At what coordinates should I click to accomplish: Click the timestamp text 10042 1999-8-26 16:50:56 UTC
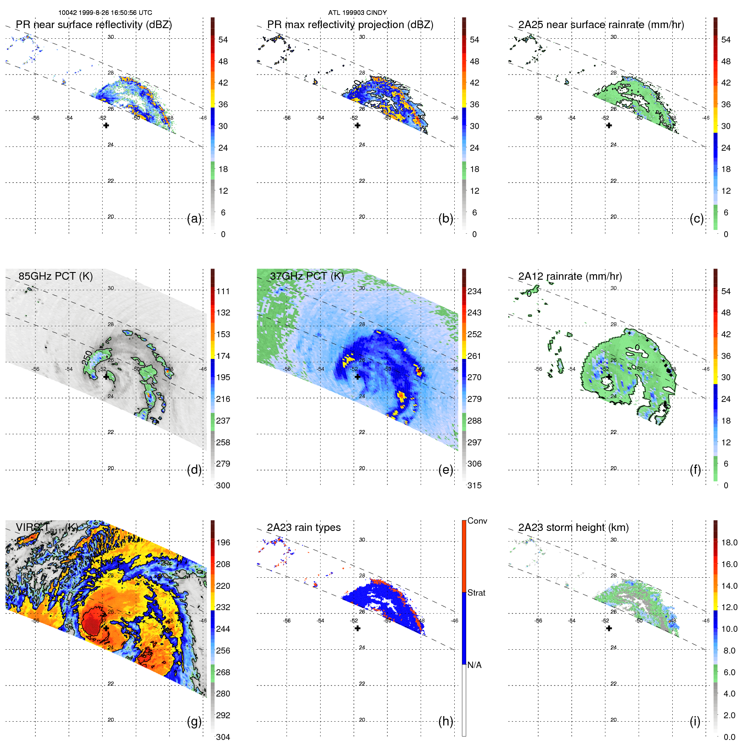coord(105,13)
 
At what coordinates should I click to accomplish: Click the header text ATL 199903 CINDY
coord(357,13)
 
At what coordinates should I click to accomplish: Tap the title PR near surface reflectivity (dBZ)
coord(94,25)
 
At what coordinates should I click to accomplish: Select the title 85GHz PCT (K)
coord(55,276)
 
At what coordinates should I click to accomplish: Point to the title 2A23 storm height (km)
coord(573,528)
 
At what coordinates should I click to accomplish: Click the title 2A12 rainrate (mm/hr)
coord(570,276)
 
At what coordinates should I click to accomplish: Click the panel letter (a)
coord(194,219)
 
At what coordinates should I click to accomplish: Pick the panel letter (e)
coord(445,470)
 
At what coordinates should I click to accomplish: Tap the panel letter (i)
coord(695,722)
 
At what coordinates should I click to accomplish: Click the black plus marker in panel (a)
coord(106,126)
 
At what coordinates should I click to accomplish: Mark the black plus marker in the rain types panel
coord(358,628)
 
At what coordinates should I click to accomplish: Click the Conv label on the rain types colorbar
coord(477,521)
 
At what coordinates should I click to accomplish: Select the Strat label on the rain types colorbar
coord(476,593)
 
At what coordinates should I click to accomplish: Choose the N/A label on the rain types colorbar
coord(474,665)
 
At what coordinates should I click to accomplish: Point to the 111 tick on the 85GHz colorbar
coord(223,292)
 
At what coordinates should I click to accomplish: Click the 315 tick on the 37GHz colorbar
coord(474,485)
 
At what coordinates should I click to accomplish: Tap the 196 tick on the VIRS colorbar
coord(223,543)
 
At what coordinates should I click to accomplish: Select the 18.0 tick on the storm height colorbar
coord(729,543)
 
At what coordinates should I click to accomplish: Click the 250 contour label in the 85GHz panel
coord(87,357)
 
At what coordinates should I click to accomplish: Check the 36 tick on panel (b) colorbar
coord(474,105)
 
